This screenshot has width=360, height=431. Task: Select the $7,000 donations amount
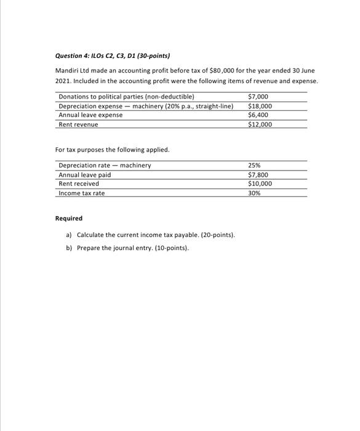pos(258,97)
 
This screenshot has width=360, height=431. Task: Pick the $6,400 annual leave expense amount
pos(258,115)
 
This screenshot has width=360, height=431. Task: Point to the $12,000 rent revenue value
pos(260,124)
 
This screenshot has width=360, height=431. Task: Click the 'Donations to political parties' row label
pos(126,97)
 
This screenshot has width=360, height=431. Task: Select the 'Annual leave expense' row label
pos(90,115)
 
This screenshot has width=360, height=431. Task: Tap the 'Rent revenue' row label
pos(78,124)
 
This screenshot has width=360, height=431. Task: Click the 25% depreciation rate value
pos(254,166)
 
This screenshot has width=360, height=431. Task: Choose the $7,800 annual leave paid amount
pos(258,175)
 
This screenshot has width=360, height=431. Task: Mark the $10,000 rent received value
pos(260,183)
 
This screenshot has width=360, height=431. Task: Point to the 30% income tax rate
pos(254,193)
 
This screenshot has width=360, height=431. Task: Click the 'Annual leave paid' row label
pos(85,175)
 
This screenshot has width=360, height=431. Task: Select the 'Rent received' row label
pos(79,183)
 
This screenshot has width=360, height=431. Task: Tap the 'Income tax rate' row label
pos(82,193)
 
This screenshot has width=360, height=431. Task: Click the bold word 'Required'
pos(68,219)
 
